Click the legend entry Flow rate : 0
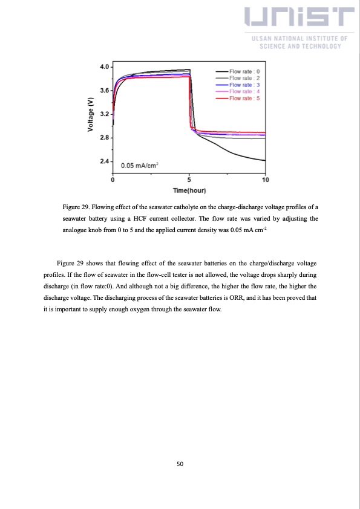pyautogui.click(x=244, y=71)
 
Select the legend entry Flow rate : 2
pyautogui.click(x=244, y=78)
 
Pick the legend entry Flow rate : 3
pyautogui.click(x=244, y=85)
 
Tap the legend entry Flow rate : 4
pyautogui.click(x=244, y=91)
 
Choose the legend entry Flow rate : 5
pyautogui.click(x=244, y=98)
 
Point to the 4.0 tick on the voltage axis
pyautogui.click(x=105, y=66)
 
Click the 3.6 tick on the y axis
pyautogui.click(x=105, y=90)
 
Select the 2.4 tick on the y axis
pyautogui.click(x=105, y=161)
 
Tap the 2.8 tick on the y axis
pyautogui.click(x=105, y=138)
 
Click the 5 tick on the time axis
pyautogui.click(x=189, y=180)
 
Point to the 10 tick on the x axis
pyautogui.click(x=265, y=180)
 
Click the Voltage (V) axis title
pyautogui.click(x=91, y=114)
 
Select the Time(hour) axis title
pyautogui.click(x=189, y=191)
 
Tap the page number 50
pyautogui.click(x=180, y=464)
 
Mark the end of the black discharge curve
pyautogui.click(x=265, y=160)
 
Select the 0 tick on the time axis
pyautogui.click(x=114, y=180)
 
